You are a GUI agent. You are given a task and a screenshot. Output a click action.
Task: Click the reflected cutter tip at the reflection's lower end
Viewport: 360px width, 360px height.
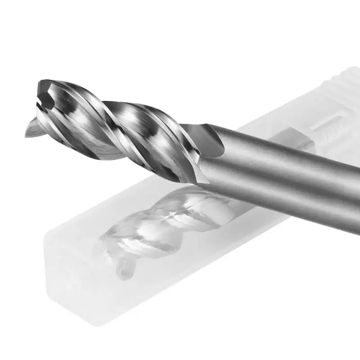pos(126,270)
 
